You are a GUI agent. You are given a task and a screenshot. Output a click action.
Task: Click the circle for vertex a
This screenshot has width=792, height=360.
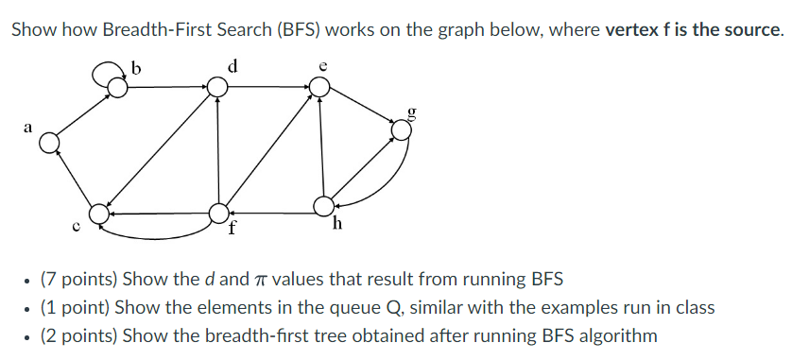coord(49,143)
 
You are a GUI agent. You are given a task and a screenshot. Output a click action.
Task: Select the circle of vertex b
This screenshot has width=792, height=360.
coord(118,87)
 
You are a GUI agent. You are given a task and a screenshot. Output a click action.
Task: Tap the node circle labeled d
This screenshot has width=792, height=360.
coord(218,87)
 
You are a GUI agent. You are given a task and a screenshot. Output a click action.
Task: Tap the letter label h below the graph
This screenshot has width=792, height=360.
coord(337,226)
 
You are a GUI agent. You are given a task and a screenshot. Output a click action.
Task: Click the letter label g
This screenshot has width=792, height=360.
coord(410,111)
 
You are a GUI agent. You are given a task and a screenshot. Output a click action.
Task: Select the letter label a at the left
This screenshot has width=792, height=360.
coord(27,126)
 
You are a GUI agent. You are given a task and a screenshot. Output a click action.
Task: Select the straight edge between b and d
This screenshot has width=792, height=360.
coord(168,87)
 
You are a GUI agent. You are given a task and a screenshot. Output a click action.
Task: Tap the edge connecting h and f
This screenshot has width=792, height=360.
coord(271,208)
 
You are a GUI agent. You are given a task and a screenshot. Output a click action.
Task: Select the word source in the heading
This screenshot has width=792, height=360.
coord(752,29)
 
